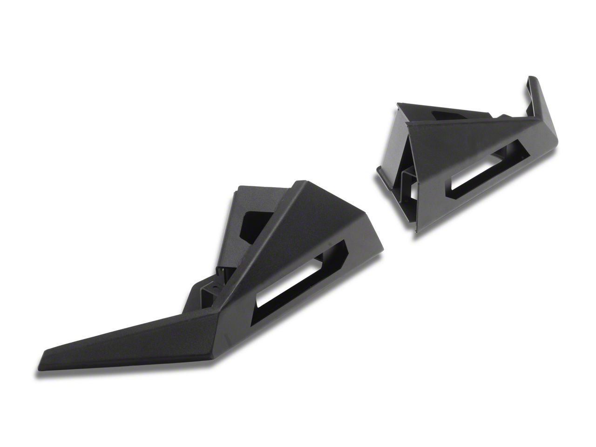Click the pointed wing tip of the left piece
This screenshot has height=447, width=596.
45,352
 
